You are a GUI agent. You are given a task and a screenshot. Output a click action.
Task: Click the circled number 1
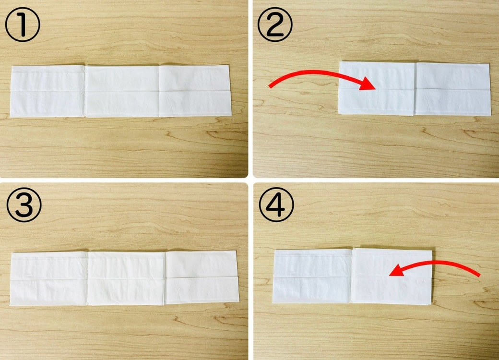coord(23,24)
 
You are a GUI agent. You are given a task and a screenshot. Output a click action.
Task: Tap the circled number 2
coord(275,24)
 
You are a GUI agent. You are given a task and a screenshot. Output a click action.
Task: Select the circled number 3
coord(24,205)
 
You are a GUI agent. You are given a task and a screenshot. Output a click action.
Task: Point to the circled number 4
coord(276,204)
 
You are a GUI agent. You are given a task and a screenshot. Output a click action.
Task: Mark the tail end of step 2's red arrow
coord(270,86)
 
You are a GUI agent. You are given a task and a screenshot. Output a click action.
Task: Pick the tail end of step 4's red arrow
coord(478,275)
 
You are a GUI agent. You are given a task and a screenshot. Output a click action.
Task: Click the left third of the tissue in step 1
coord(48,91)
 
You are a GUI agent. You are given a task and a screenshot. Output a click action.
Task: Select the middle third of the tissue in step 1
coord(122,91)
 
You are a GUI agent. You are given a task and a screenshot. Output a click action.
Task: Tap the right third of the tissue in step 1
coord(195,91)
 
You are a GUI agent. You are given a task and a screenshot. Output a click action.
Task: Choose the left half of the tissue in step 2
coord(377,88)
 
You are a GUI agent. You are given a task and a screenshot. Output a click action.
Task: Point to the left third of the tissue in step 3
coord(49,279)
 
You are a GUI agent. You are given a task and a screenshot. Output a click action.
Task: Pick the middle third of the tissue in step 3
coord(127,278)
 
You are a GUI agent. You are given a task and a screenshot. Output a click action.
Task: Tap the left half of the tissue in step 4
coord(312,276)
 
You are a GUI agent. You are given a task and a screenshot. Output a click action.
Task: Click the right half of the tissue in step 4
coord(392,276)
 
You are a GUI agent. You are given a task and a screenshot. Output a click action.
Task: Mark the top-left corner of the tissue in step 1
coord(12,67)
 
